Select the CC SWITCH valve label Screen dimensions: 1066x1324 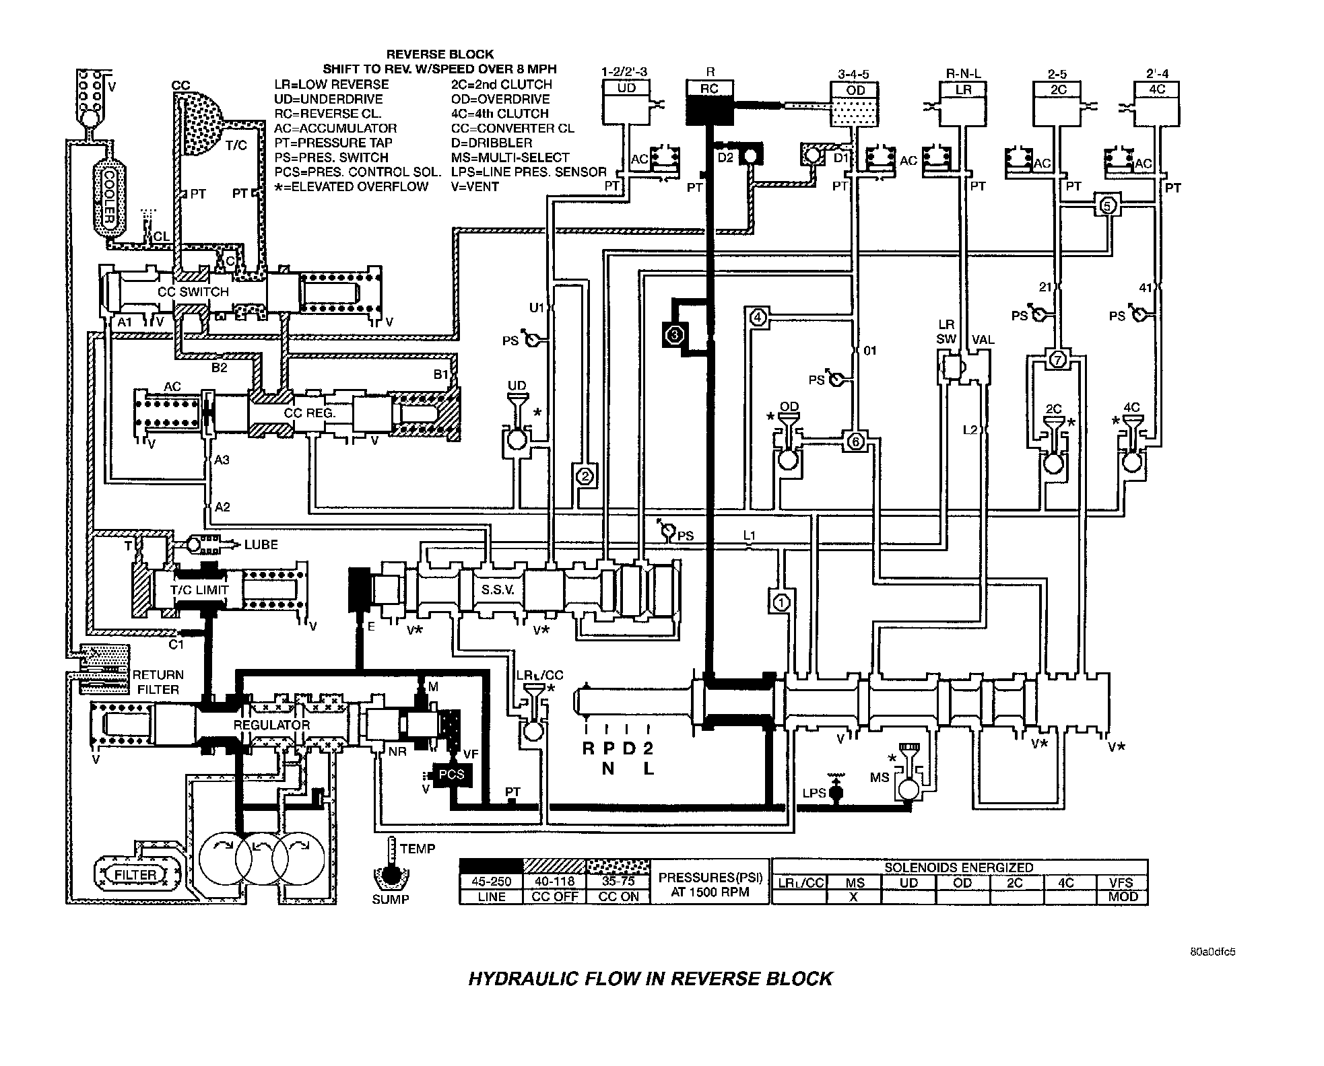click(x=193, y=292)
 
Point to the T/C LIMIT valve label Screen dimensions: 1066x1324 click(x=199, y=590)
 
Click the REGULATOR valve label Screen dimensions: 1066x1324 click(x=271, y=725)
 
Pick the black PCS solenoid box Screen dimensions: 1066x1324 click(x=451, y=775)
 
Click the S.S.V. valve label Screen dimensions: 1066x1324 click(x=498, y=590)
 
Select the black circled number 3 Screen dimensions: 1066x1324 click(x=675, y=334)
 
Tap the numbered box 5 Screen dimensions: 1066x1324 click(x=1108, y=204)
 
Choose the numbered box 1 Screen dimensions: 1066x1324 click(x=781, y=602)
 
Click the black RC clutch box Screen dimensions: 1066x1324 click(x=709, y=102)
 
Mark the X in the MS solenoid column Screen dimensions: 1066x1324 click(x=853, y=896)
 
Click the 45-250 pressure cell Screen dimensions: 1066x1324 click(x=491, y=882)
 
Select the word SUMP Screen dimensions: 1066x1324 click(x=391, y=899)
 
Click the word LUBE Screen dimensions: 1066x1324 click(x=261, y=544)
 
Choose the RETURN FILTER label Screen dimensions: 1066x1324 click(x=158, y=682)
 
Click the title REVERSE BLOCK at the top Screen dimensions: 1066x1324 click(x=440, y=55)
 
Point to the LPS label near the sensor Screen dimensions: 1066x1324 click(x=814, y=793)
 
